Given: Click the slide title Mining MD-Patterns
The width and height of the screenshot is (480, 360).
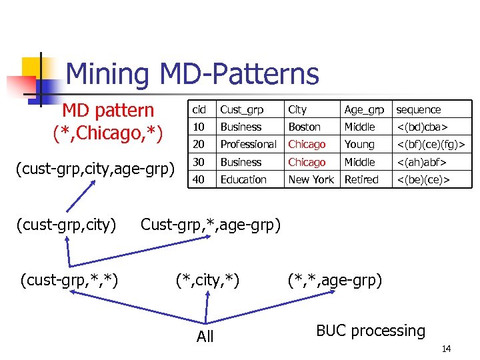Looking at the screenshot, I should pos(192,73).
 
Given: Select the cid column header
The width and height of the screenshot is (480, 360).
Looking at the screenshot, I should pos(199,109).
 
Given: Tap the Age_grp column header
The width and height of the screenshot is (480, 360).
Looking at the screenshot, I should pos(364,109).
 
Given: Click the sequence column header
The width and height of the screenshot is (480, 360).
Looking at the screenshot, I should pos(418,109).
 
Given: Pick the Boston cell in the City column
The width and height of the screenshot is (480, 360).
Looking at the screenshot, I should pos(304,127).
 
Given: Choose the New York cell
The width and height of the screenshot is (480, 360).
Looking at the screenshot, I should pos(311,179).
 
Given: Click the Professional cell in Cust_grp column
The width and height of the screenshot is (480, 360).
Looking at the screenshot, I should pos(248,144).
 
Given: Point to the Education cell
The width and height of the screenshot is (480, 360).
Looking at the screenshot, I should pos(243,179).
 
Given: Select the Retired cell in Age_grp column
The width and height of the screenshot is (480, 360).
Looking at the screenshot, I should pos(361,179).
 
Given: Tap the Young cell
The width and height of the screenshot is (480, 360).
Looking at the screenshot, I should pos(359,144).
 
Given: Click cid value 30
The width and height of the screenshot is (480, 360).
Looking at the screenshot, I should pos(199,162).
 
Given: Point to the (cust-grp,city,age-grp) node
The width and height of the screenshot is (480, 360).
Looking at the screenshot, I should pos(94,170).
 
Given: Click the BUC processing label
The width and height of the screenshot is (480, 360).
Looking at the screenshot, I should pos(371,331).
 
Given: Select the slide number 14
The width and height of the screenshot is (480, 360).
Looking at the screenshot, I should pos(447,349).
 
